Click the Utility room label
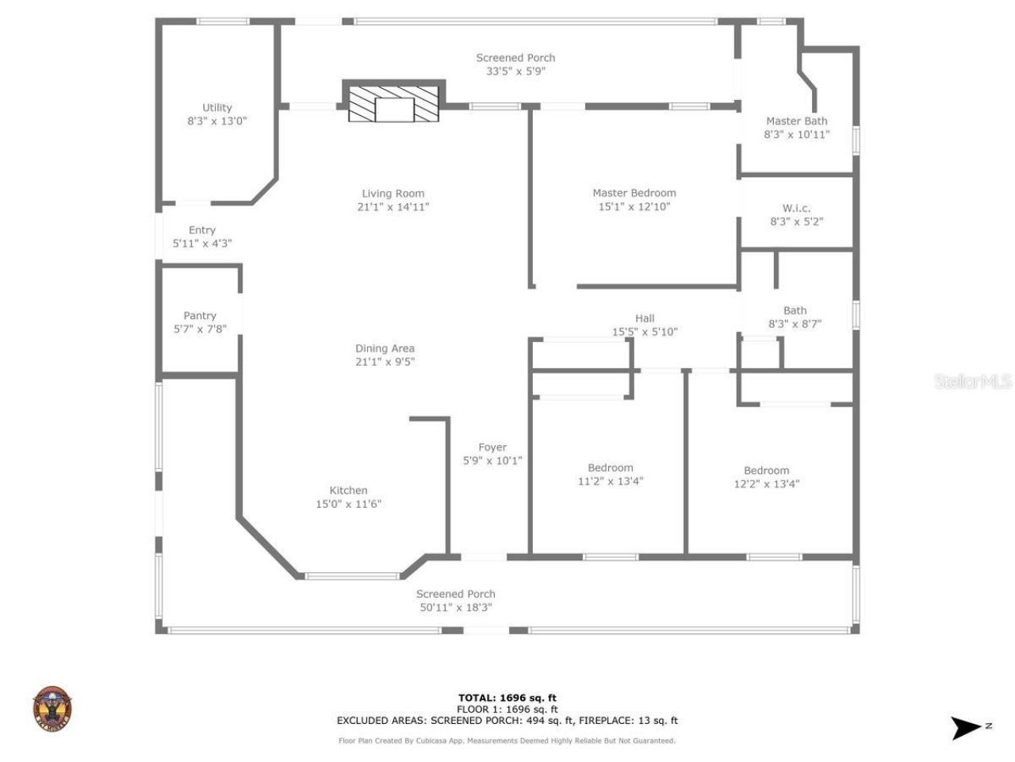pyautogui.click(x=216, y=108)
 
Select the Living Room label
pyautogui.click(x=393, y=194)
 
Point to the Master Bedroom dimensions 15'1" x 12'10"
pyautogui.click(x=634, y=207)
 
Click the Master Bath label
pyautogui.click(x=796, y=121)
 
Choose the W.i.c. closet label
pyautogui.click(x=796, y=209)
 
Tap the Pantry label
pyautogui.click(x=200, y=316)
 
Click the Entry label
pyautogui.click(x=202, y=230)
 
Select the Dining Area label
pyautogui.click(x=385, y=348)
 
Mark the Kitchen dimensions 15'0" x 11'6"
pyautogui.click(x=348, y=504)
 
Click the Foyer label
pyautogui.click(x=492, y=448)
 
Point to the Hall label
pyautogui.click(x=645, y=318)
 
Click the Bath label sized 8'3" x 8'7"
pyautogui.click(x=795, y=311)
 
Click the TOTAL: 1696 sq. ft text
pyautogui.click(x=507, y=698)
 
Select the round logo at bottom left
pyautogui.click(x=52, y=709)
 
